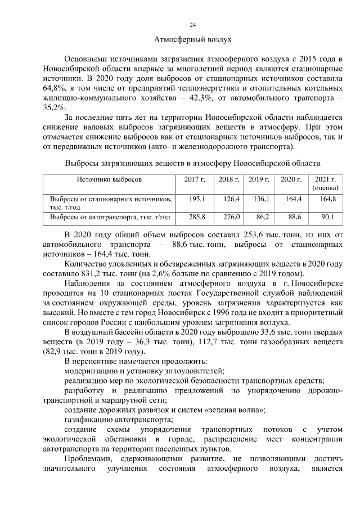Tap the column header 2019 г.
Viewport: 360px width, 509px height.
tap(259, 179)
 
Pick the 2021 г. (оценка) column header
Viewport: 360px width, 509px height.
tap(325, 184)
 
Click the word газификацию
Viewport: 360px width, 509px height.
tap(88, 420)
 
